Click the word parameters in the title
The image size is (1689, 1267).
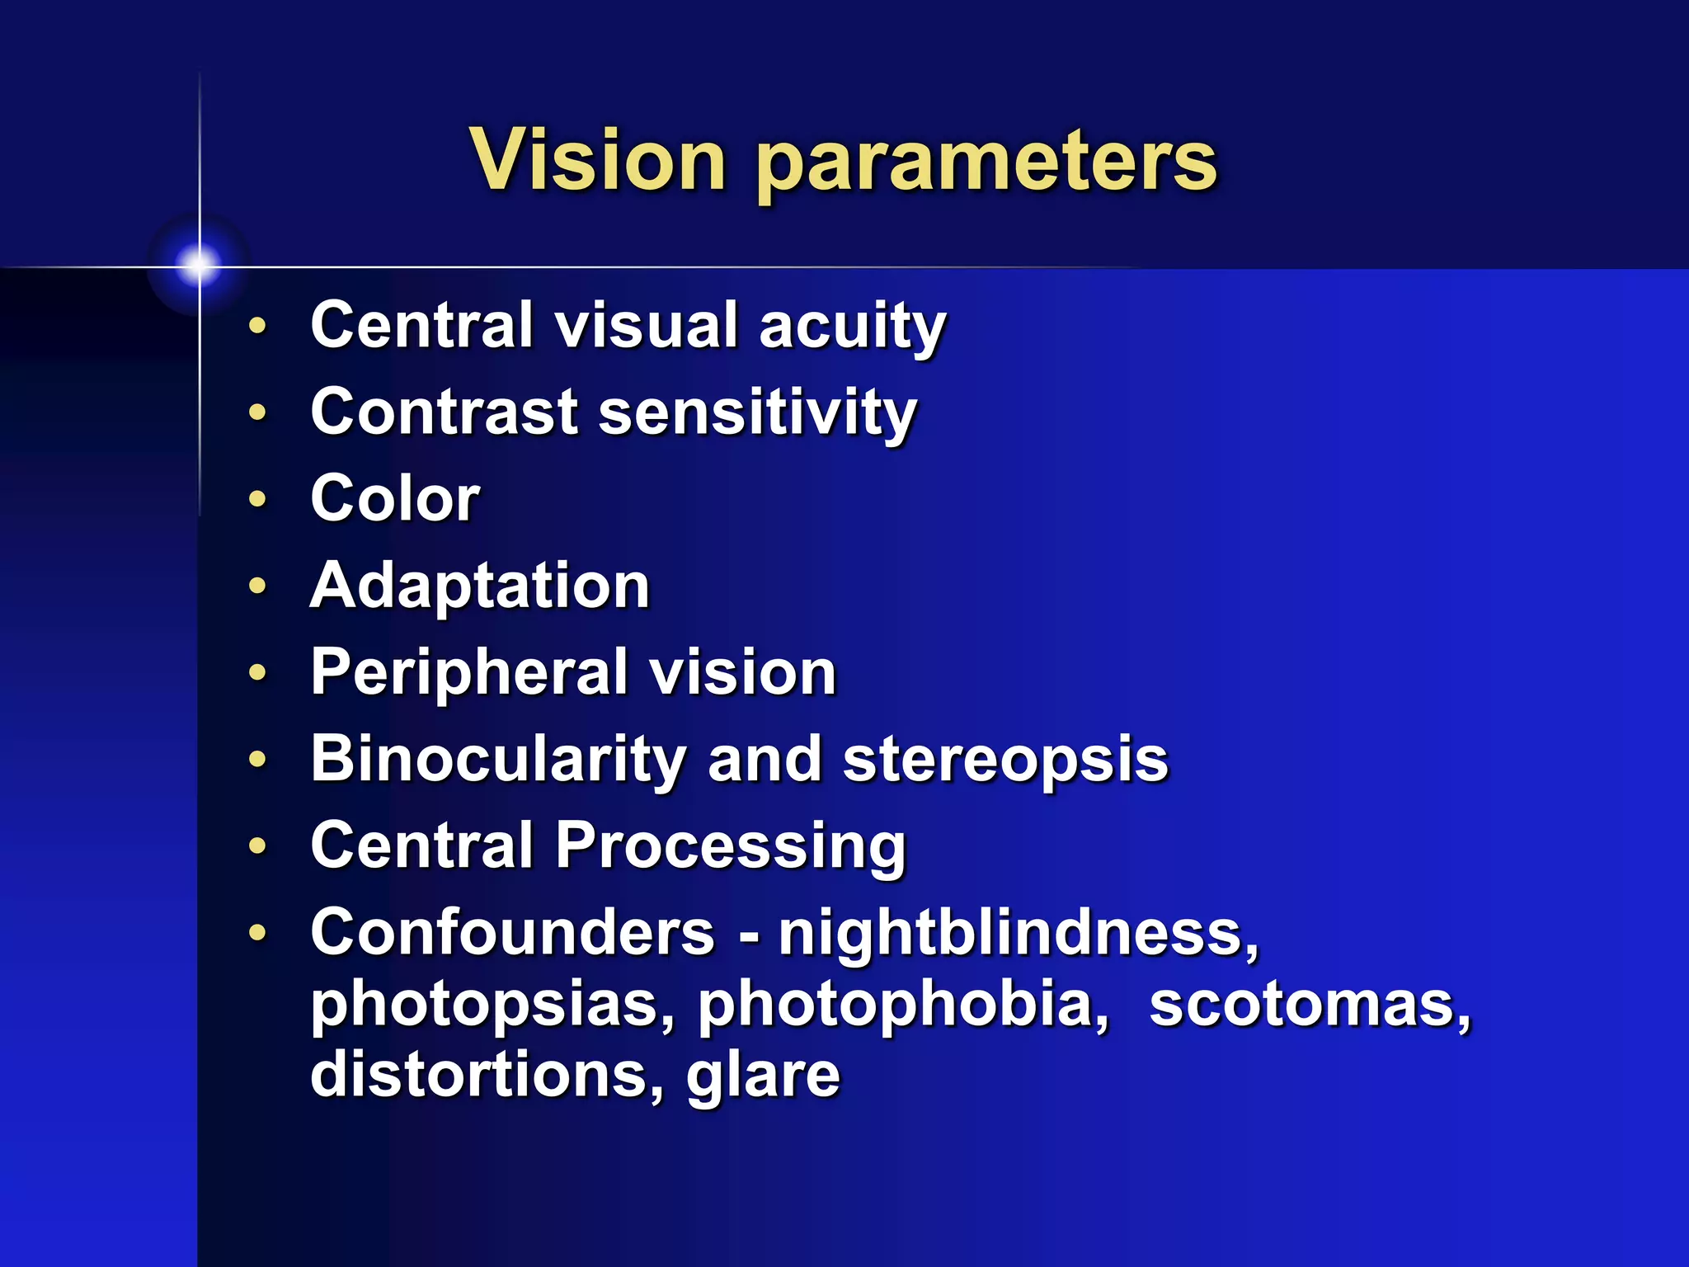[986, 163]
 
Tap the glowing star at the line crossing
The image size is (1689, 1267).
[199, 265]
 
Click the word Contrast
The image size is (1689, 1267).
[445, 412]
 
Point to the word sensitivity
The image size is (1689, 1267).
[757, 414]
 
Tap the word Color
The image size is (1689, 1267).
[395, 499]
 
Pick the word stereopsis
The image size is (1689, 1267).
[1005, 761]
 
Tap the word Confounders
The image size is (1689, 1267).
[512, 933]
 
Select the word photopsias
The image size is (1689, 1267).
[493, 1006]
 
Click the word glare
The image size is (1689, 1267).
[763, 1076]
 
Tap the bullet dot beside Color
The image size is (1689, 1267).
[258, 499]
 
